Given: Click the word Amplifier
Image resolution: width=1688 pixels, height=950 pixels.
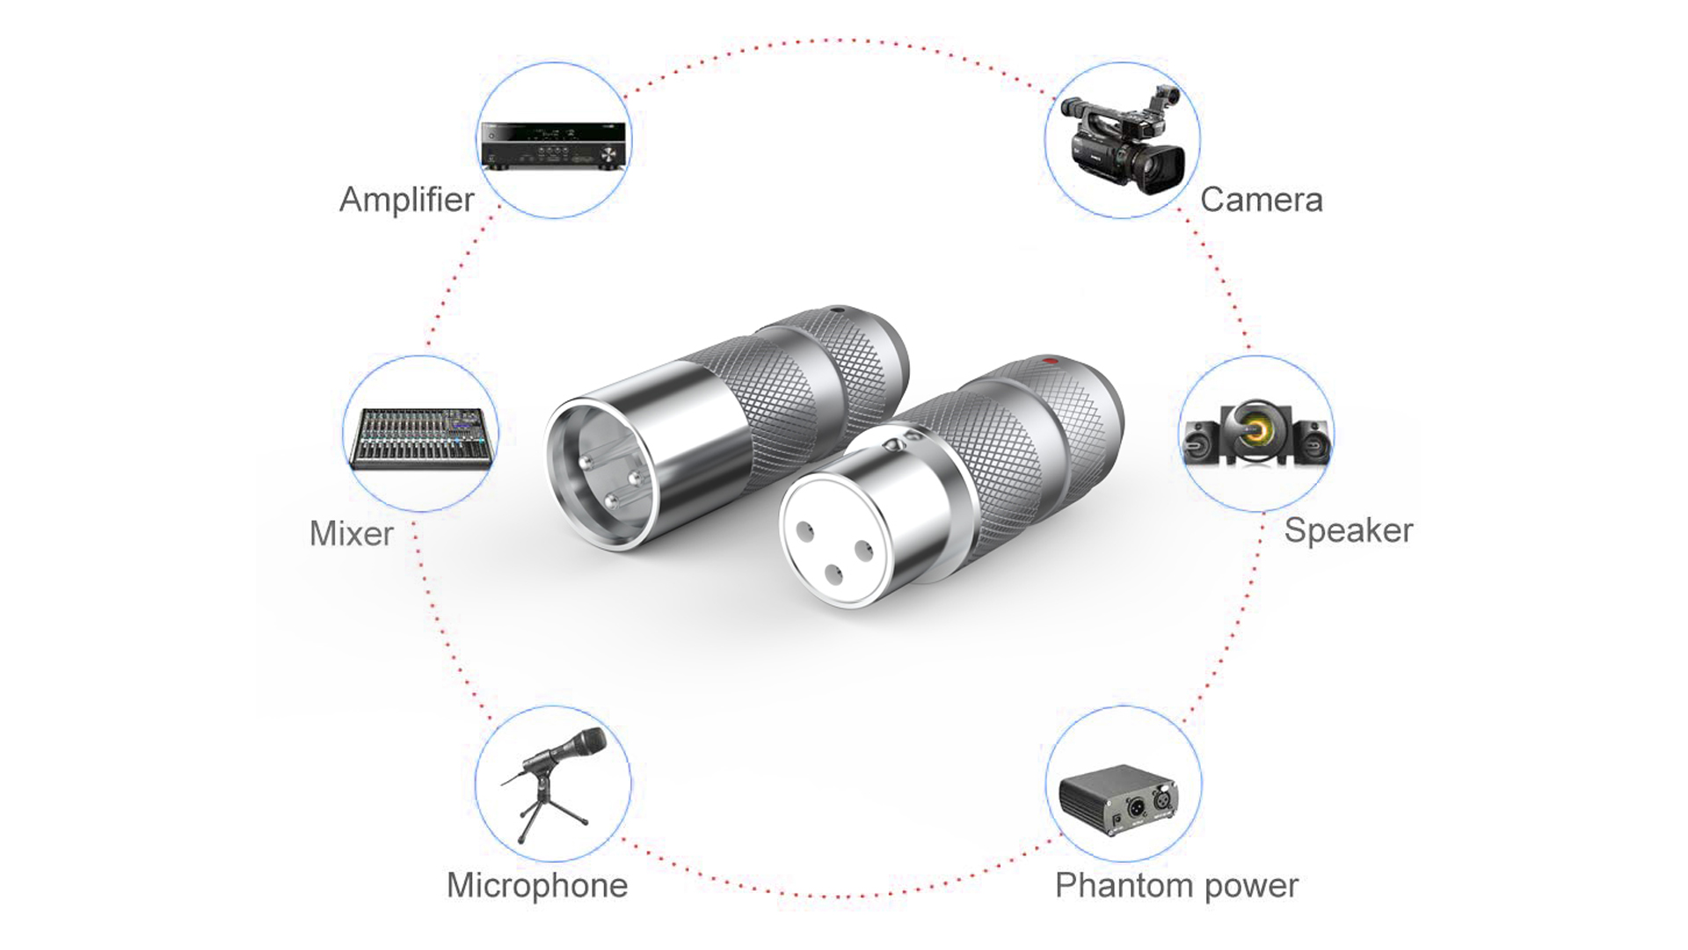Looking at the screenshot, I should [406, 200].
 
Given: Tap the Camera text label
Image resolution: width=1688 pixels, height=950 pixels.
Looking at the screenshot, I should [1261, 200].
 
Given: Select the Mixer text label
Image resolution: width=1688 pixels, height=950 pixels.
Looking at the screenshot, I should [351, 533].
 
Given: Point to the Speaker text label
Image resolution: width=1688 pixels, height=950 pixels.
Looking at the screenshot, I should [1348, 530].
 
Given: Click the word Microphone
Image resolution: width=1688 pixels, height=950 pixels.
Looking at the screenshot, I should [536, 885].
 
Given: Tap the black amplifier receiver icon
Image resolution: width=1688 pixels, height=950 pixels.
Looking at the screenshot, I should [554, 145].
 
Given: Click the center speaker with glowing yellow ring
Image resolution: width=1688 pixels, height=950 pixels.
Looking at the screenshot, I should [1255, 431].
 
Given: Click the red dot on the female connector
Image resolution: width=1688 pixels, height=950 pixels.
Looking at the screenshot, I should [1044, 361].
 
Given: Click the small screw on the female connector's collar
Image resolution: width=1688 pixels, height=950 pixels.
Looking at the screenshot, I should [911, 435].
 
